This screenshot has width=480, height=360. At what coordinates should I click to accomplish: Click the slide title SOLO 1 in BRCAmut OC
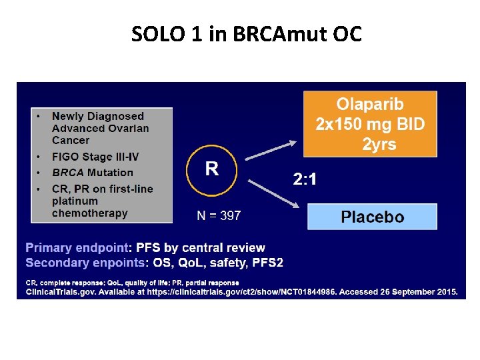(x=247, y=33)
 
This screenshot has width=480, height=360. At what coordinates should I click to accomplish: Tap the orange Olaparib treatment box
(x=370, y=124)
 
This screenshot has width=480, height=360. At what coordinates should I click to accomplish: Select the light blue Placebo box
(x=372, y=217)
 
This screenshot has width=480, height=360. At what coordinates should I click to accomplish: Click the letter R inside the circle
(x=211, y=168)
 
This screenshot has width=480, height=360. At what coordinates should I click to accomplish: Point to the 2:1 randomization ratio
(x=305, y=179)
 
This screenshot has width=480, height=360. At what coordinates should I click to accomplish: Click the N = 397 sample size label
(x=219, y=215)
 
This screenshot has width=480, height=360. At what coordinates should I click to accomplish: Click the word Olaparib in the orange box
(x=370, y=105)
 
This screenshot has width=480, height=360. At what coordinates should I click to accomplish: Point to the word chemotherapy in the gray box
(x=89, y=213)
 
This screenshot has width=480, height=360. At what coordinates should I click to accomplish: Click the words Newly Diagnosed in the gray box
(x=97, y=116)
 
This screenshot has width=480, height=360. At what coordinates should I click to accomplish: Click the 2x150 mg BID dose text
(x=370, y=124)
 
